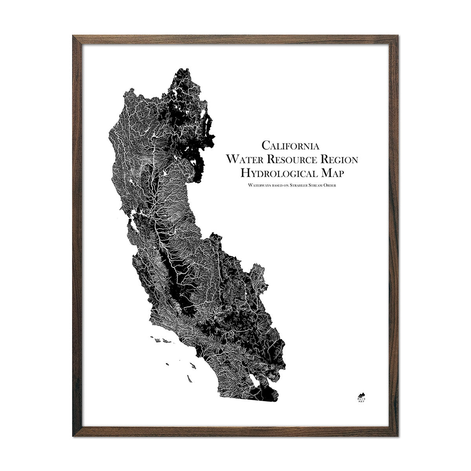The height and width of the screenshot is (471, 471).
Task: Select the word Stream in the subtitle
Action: click(315, 185)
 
